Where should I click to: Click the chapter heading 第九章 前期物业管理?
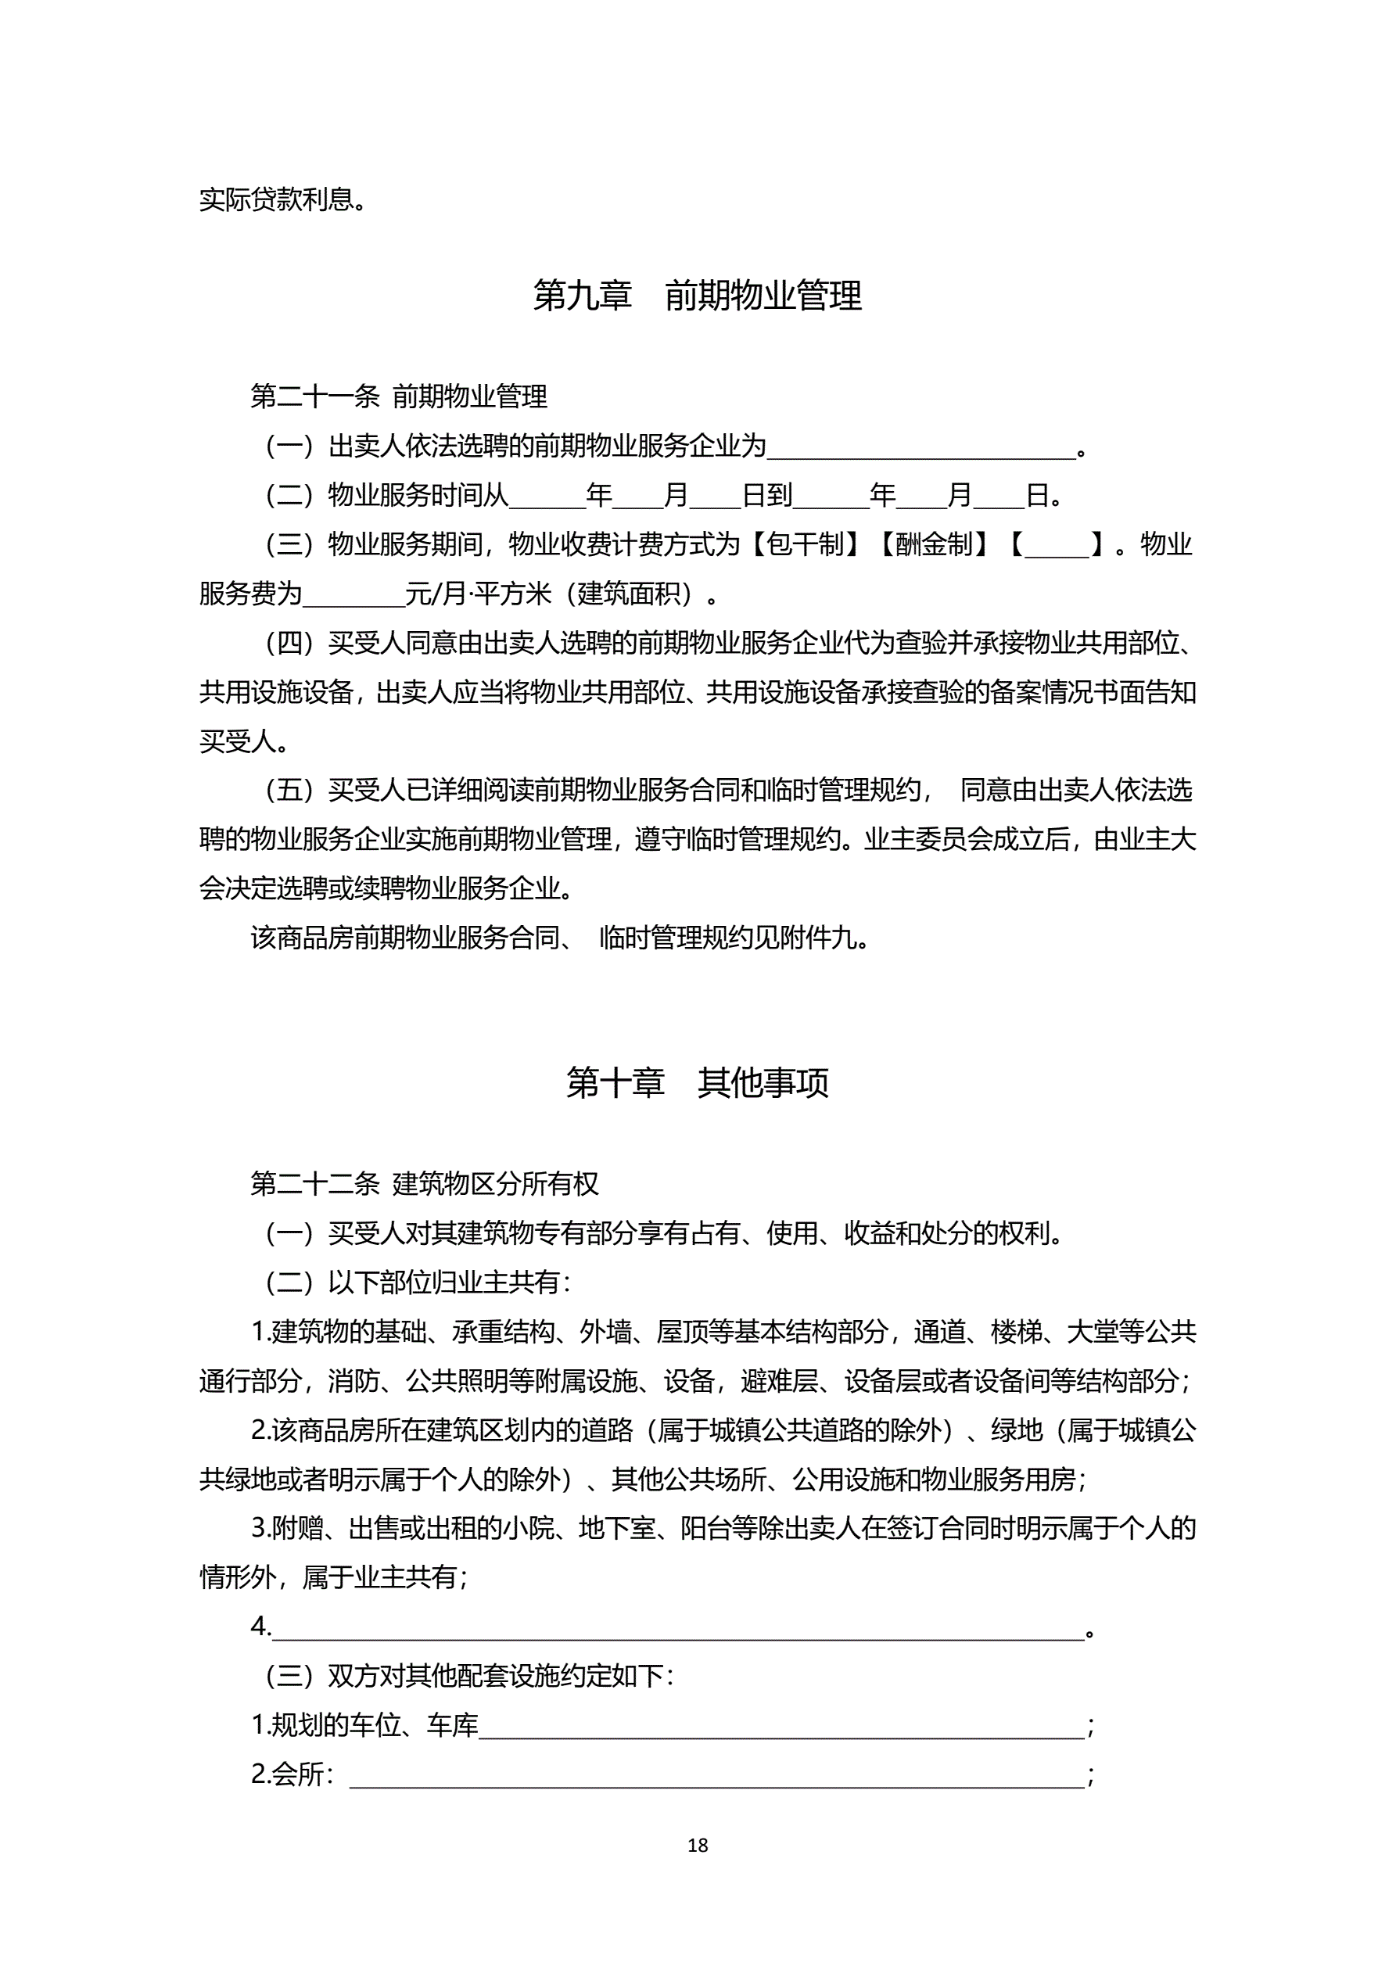697,296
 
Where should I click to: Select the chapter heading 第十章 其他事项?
697,1083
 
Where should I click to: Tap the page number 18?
697,1845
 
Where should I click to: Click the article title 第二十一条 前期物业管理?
399,396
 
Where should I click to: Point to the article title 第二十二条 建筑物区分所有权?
424,1183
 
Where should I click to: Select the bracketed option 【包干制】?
805,544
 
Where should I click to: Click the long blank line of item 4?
677,1627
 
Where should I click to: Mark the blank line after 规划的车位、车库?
781,1726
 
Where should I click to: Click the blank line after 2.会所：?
716,1775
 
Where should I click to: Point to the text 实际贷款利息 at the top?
277,199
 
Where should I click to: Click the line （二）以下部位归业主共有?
418,1282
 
